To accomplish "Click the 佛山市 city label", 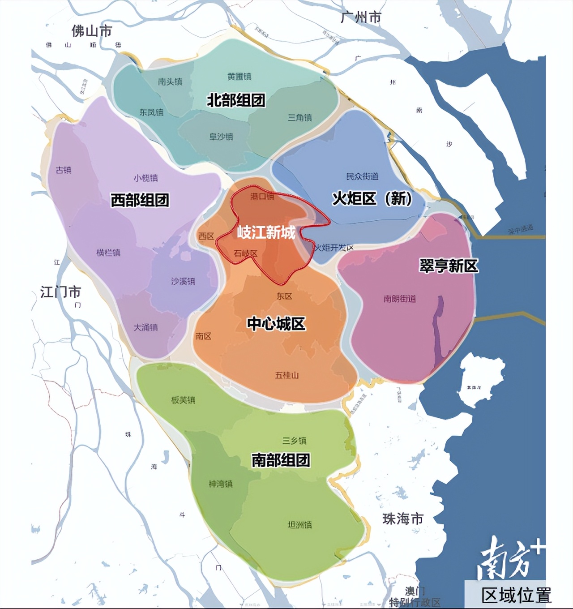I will point(92,31).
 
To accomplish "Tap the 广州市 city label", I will point(361,17).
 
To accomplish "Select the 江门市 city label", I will point(61,292).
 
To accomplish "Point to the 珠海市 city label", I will point(403,519).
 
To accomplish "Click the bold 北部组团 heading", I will point(236,100).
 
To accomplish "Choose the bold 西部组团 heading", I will point(140,200).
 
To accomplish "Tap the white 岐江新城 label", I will point(266,232).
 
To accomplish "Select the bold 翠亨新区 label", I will point(449,266).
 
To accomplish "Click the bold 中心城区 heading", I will point(276,324).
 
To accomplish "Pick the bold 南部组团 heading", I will point(281,460).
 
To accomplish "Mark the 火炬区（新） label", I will point(372,198).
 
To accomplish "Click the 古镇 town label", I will point(64,170).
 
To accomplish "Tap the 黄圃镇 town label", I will point(239,77).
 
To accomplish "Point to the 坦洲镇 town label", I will point(299,525).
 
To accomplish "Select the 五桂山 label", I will point(286,375).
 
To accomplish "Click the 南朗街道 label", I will point(399,299).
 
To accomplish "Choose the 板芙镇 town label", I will point(183,400).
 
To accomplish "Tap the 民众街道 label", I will point(362,176).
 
